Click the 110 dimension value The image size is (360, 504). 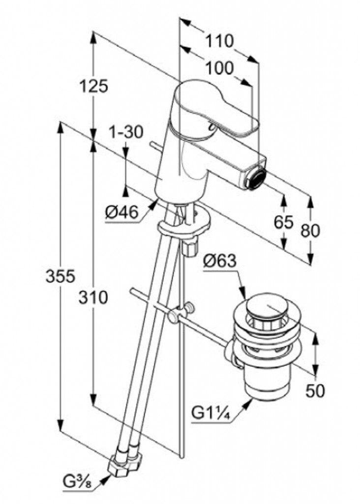pos(219,41)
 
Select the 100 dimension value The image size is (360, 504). pos(219,68)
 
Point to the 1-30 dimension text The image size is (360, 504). pos(126,132)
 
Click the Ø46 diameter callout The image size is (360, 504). pos(121,213)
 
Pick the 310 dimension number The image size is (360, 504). pos(92,297)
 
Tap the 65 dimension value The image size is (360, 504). pos(284,222)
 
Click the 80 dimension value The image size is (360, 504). pos(311,230)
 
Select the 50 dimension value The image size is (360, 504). pos(316,391)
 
